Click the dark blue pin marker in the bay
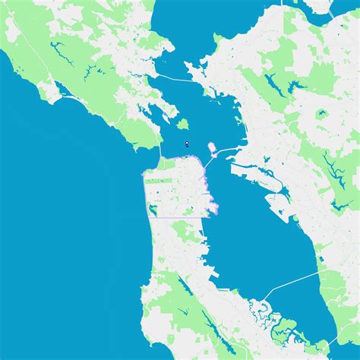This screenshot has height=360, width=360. (186, 142)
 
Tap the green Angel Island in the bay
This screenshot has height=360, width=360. (182, 123)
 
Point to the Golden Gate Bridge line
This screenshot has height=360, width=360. (161, 149)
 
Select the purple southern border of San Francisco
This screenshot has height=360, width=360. (178, 218)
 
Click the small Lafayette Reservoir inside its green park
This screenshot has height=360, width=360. (321, 115)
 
